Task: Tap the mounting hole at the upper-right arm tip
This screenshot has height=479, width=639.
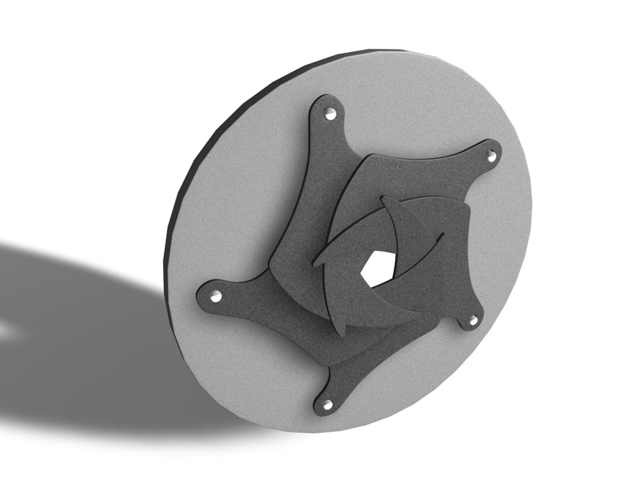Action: coord(491,156)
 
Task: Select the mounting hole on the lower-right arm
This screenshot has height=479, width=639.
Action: coord(473,320)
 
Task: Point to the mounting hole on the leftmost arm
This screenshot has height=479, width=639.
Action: coord(216,296)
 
